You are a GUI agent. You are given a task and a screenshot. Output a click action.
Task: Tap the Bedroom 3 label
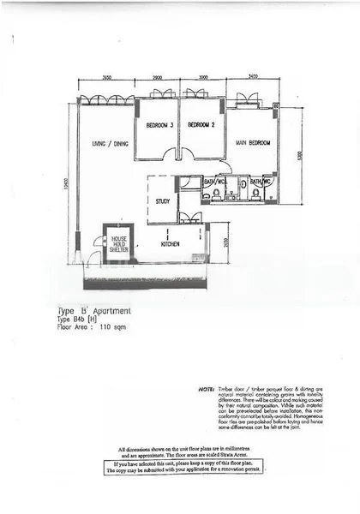click(159, 125)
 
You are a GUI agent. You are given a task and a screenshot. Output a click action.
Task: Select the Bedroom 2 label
click(201, 125)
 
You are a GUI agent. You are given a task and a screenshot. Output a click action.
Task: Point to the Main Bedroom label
click(254, 142)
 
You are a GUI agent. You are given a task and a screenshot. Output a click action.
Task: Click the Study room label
click(162, 202)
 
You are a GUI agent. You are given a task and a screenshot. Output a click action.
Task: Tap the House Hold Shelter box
click(117, 243)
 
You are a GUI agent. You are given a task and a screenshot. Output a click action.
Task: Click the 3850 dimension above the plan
click(107, 78)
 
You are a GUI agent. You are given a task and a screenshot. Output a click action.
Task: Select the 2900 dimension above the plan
click(158, 78)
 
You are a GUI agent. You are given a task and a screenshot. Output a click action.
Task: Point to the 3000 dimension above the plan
click(201, 78)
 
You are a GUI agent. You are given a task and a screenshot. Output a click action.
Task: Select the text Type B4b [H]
click(80, 320)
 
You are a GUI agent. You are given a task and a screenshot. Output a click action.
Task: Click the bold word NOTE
click(205, 388)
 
